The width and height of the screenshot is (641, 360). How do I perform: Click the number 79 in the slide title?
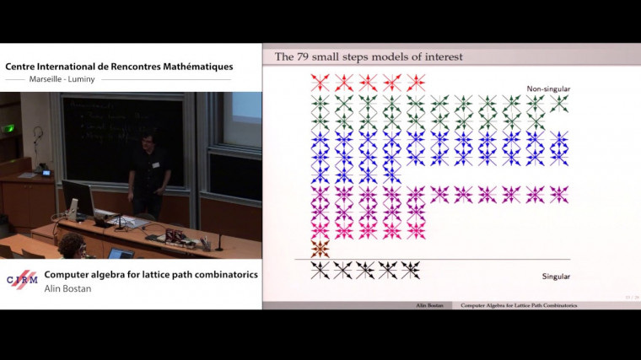coord(313,56)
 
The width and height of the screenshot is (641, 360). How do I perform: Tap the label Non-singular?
coord(548,89)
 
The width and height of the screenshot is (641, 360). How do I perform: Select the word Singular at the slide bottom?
coord(556,277)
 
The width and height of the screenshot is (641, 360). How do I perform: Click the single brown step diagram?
coord(319,249)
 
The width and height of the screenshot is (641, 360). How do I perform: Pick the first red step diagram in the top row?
coord(319,82)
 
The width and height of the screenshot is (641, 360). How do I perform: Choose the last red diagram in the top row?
coord(415,82)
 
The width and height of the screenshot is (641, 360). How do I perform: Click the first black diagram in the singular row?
coord(319,270)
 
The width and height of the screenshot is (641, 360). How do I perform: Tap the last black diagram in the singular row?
coord(411,270)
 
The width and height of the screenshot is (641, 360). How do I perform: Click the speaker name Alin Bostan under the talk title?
coord(68,288)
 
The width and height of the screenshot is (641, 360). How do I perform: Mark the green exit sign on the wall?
coord(9,128)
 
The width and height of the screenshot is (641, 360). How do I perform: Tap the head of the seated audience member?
coord(70,244)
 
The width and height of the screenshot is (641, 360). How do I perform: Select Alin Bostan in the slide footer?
coord(428,305)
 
